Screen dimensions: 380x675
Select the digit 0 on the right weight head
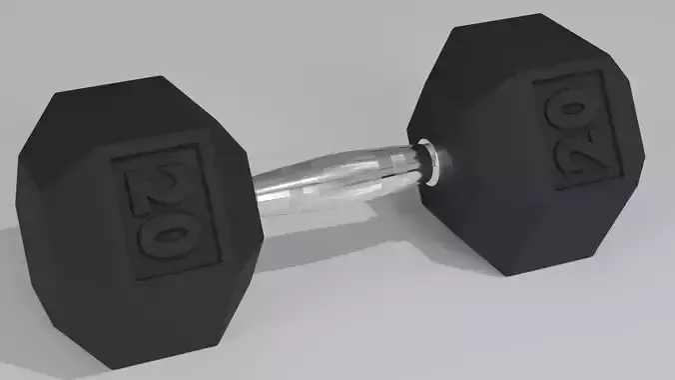pos(564,104)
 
